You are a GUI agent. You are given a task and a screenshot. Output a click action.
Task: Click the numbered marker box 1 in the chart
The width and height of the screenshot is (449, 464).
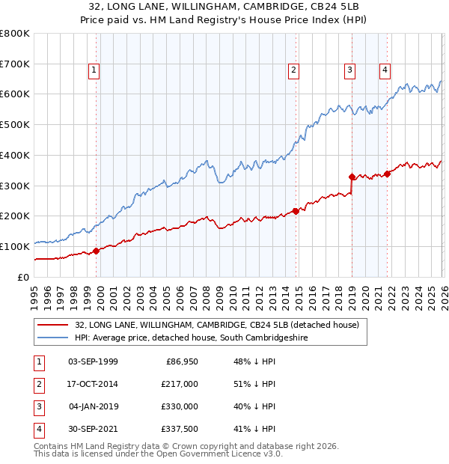coord(94,71)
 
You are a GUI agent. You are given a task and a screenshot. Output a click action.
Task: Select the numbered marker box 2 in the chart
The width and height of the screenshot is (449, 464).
coord(293,71)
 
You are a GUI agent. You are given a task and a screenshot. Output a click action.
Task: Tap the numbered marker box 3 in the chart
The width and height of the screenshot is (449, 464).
coord(349,71)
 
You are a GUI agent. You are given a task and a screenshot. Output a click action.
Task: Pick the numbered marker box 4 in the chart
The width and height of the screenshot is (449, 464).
coord(385,71)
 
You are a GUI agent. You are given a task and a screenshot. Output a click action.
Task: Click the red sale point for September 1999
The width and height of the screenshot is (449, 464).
coord(96,251)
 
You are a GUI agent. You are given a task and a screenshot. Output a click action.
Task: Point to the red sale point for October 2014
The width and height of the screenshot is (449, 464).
coord(296,211)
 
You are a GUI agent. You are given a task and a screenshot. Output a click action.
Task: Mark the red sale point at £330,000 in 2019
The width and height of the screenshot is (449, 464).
coord(352,177)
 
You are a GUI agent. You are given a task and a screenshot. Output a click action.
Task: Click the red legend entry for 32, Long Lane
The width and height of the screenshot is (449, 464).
coord(216,325)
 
